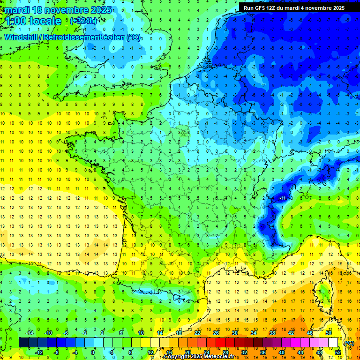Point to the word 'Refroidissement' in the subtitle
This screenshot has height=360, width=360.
[x=79, y=37]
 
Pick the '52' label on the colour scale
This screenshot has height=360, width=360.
[x=338, y=352]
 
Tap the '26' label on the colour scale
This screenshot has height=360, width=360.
[x=216, y=333]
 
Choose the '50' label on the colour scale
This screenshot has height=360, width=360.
[x=329, y=333]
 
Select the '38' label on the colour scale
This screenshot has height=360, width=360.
[x=272, y=333]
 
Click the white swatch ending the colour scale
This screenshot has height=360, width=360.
[x=333, y=343]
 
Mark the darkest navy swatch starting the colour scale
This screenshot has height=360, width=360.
[x=23, y=343]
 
